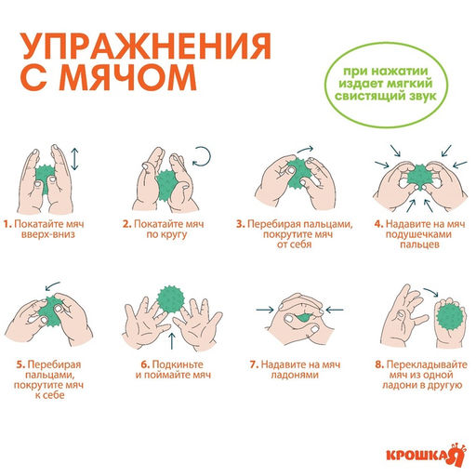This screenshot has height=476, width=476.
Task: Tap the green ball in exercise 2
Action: (169, 182)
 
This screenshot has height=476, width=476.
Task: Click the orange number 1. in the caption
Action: (7, 224)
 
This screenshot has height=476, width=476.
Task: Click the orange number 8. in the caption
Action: (377, 364)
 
